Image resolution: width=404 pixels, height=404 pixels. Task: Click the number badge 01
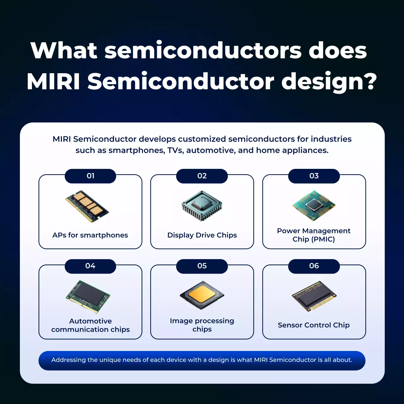(x=90, y=176)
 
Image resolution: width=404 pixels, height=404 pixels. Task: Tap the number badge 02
(x=202, y=176)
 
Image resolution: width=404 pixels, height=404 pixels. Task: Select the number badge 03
(x=314, y=176)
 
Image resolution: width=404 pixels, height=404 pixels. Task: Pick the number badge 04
(x=90, y=266)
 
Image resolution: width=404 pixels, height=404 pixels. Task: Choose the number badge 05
(x=202, y=266)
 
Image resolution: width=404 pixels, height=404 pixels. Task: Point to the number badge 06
(x=314, y=266)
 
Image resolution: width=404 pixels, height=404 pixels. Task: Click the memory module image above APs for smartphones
(x=87, y=206)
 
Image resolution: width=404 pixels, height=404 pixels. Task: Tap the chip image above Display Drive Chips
(x=202, y=205)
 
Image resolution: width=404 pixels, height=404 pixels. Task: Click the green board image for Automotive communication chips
(x=88, y=296)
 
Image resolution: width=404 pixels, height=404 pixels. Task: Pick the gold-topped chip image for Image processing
(x=202, y=295)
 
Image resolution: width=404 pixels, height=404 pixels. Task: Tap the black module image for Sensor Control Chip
(x=314, y=296)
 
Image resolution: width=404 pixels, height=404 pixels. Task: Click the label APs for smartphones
(x=90, y=235)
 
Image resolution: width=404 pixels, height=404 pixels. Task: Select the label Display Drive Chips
(x=202, y=235)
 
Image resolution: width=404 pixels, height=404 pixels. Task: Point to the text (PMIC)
(x=323, y=239)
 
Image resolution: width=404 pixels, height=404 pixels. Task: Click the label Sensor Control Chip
(x=314, y=325)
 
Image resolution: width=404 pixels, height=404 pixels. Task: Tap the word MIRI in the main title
(x=53, y=82)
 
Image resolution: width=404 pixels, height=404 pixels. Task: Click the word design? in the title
(x=329, y=82)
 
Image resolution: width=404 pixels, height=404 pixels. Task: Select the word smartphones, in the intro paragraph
(x=137, y=151)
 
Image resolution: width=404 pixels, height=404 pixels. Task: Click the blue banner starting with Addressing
(x=202, y=360)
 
